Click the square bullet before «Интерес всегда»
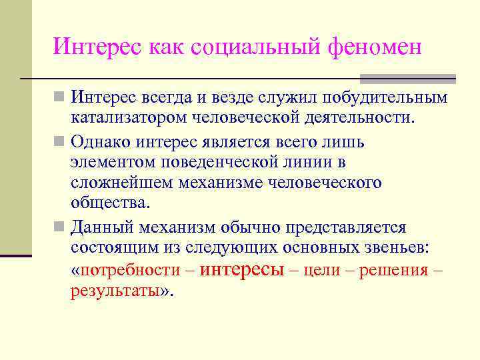coord(60,98)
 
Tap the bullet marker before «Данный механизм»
coord(60,228)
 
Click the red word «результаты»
coord(115,291)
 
